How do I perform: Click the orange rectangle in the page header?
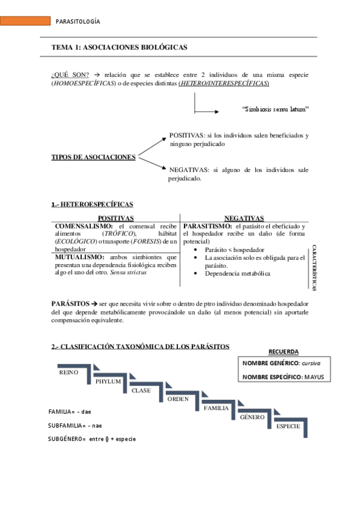pos(25,22)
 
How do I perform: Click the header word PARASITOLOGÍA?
pos(78,22)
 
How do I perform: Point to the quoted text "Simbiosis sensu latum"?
pos(275,109)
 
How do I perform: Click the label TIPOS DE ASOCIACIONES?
pos(93,157)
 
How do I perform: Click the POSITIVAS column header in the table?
pos(115,218)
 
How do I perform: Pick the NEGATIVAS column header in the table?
pos(244,218)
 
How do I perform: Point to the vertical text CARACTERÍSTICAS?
pos(313,268)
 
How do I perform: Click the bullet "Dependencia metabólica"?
pos(237,274)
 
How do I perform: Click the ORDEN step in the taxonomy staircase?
pos(178,399)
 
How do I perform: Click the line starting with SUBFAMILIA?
pos(75,425)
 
